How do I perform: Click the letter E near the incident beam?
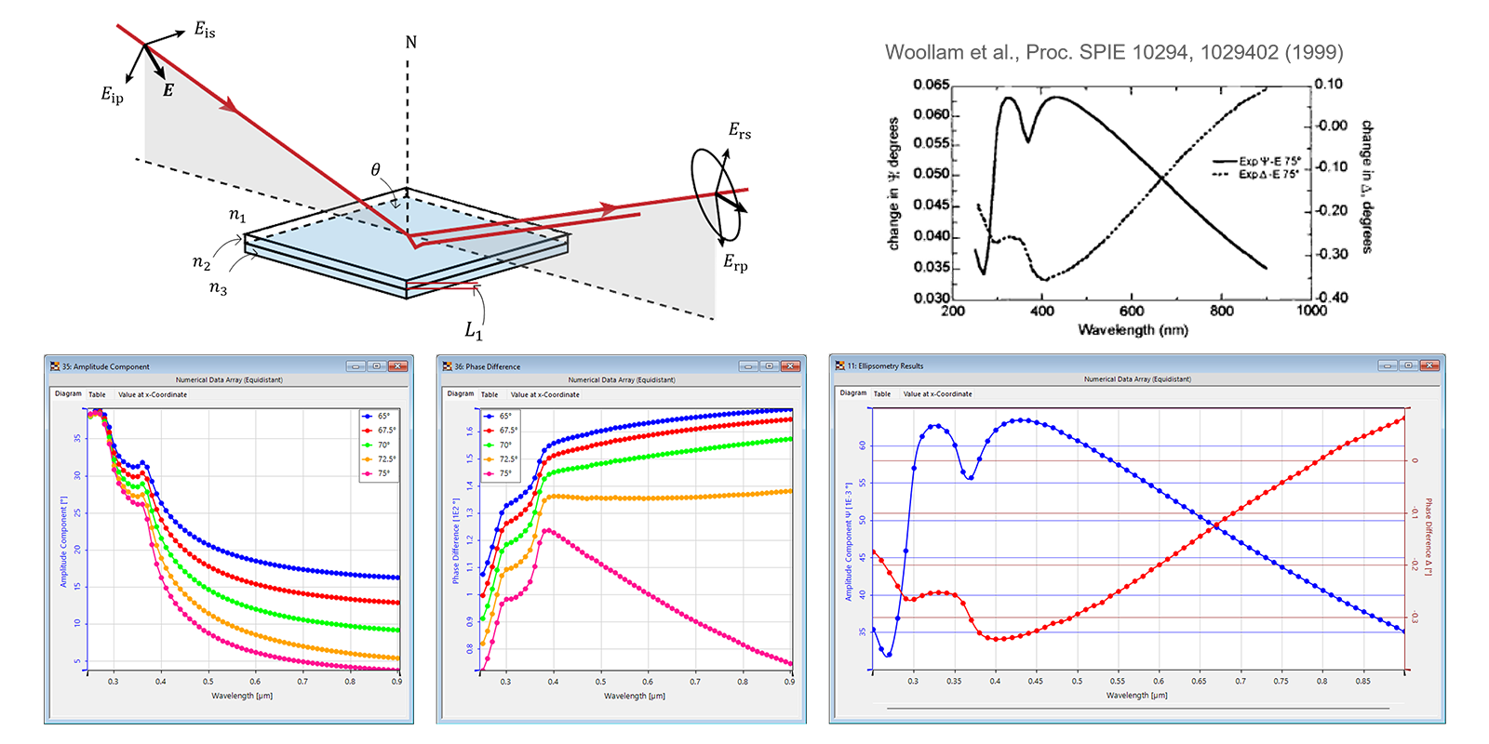(x=168, y=90)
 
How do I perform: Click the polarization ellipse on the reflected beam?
(x=718, y=194)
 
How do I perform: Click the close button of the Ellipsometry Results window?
(x=1429, y=365)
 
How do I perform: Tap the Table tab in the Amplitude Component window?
(x=97, y=394)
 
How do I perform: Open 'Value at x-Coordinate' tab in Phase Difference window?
(x=544, y=394)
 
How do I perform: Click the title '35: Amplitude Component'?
(x=105, y=366)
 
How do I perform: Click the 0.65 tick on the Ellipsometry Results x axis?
(x=1199, y=681)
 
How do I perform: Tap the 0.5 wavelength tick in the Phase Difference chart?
(x=601, y=682)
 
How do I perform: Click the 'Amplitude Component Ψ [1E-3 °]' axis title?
(x=849, y=541)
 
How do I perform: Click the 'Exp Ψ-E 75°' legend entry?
(x=1269, y=161)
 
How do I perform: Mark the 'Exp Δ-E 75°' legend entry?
(x=1268, y=174)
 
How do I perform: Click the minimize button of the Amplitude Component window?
(x=355, y=366)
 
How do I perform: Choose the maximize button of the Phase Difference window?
(x=769, y=366)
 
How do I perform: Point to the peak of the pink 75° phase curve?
(x=548, y=530)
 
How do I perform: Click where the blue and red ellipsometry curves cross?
(x=1213, y=527)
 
